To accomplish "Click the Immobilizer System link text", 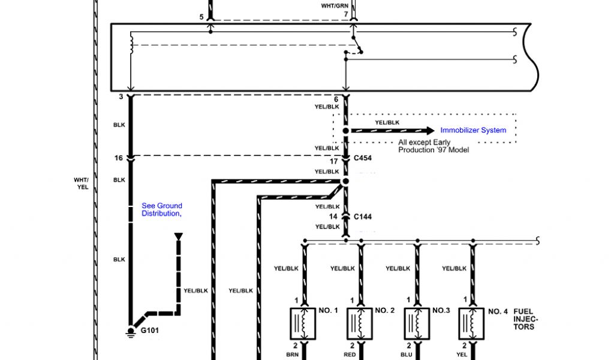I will point(473,130).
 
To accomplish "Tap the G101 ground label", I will point(151,330).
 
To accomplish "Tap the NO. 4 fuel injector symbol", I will point(472,325).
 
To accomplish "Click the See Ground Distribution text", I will point(162,209).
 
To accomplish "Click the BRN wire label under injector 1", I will point(293,355).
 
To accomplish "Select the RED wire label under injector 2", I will point(350,355).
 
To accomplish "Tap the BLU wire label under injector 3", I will point(406,355).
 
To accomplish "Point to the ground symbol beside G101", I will point(130,332).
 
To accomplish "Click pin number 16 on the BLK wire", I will point(119,158).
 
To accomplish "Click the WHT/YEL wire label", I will point(81,184).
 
